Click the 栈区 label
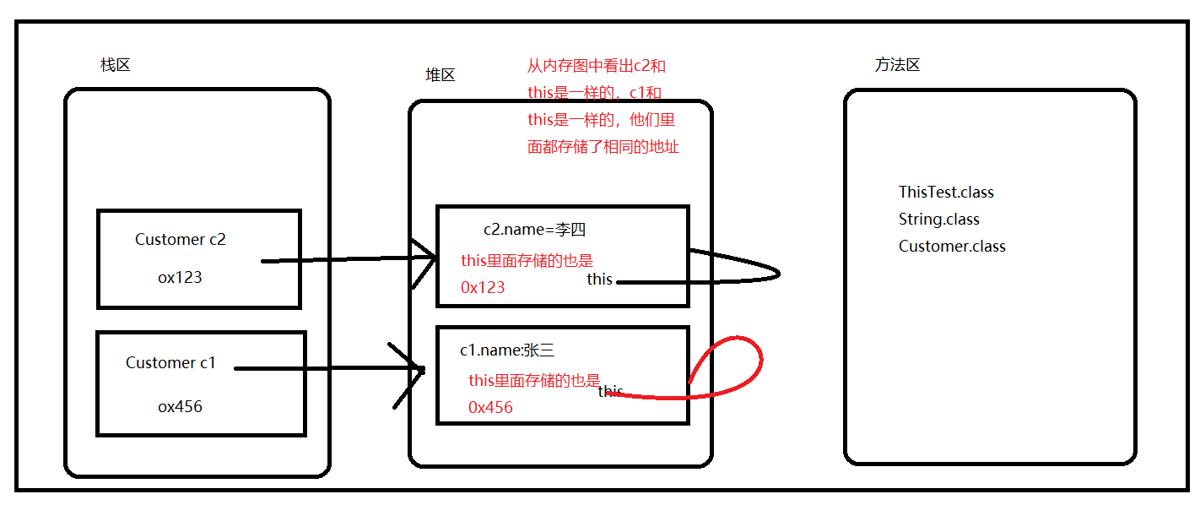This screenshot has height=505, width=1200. pyautogui.click(x=116, y=65)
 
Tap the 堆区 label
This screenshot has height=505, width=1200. pyautogui.click(x=440, y=75)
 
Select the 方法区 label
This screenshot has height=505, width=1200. pyautogui.click(x=897, y=65)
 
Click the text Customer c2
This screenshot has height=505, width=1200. pyautogui.click(x=181, y=240)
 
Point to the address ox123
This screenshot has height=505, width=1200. pyautogui.click(x=180, y=277)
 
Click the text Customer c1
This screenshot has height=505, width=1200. pyautogui.click(x=170, y=363)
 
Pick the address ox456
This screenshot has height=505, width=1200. pyautogui.click(x=180, y=406)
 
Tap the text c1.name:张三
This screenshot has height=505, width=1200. pyautogui.click(x=506, y=350)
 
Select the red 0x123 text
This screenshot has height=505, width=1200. pyautogui.click(x=483, y=288)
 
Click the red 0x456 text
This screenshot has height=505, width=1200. pyautogui.click(x=490, y=408)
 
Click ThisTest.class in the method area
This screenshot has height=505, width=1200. pyautogui.click(x=946, y=193)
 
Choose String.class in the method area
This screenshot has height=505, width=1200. pyautogui.click(x=938, y=220)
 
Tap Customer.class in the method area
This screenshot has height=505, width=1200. pyautogui.click(x=952, y=247)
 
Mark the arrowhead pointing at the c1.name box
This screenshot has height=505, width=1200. pyautogui.click(x=414, y=370)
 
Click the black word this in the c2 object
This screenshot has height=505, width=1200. pyautogui.click(x=599, y=280)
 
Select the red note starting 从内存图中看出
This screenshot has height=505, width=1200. pyautogui.click(x=603, y=106)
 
